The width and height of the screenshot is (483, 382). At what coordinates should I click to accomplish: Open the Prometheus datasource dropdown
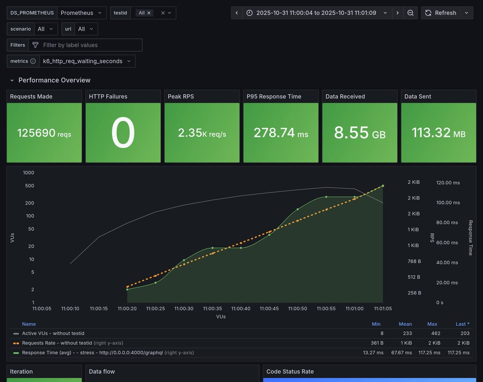coord(81,13)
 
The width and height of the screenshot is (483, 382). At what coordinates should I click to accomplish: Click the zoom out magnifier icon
coord(410,13)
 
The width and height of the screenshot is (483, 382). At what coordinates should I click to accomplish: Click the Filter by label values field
coord(85,45)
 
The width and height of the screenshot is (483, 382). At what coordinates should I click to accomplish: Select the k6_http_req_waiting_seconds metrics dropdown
coord(87,61)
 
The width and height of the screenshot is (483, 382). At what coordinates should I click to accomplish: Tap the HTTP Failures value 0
coord(123,133)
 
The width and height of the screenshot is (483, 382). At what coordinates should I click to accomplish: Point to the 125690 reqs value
coord(44,133)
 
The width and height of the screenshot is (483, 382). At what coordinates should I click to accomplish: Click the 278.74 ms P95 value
coord(281,133)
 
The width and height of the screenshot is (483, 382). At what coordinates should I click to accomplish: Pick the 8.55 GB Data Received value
coord(360,133)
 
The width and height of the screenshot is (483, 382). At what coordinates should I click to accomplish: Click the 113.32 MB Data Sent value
coord(438,133)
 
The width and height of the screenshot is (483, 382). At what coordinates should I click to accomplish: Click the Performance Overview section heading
coord(54,80)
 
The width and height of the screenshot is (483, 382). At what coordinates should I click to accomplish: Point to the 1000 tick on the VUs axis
coord(28,173)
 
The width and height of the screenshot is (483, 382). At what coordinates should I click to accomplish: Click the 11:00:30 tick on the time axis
coord(184,308)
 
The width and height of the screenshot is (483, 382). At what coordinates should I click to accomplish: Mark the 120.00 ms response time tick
coord(447,183)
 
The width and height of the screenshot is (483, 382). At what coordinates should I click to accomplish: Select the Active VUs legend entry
coord(53,333)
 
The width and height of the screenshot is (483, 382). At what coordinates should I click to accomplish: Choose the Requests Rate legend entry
coord(57,343)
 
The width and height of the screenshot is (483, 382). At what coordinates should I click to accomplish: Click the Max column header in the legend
coord(432,324)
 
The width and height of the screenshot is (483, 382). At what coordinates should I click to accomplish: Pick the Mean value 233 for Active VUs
coord(406,333)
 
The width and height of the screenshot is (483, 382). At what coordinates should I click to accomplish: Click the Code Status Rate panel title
coord(290,372)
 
